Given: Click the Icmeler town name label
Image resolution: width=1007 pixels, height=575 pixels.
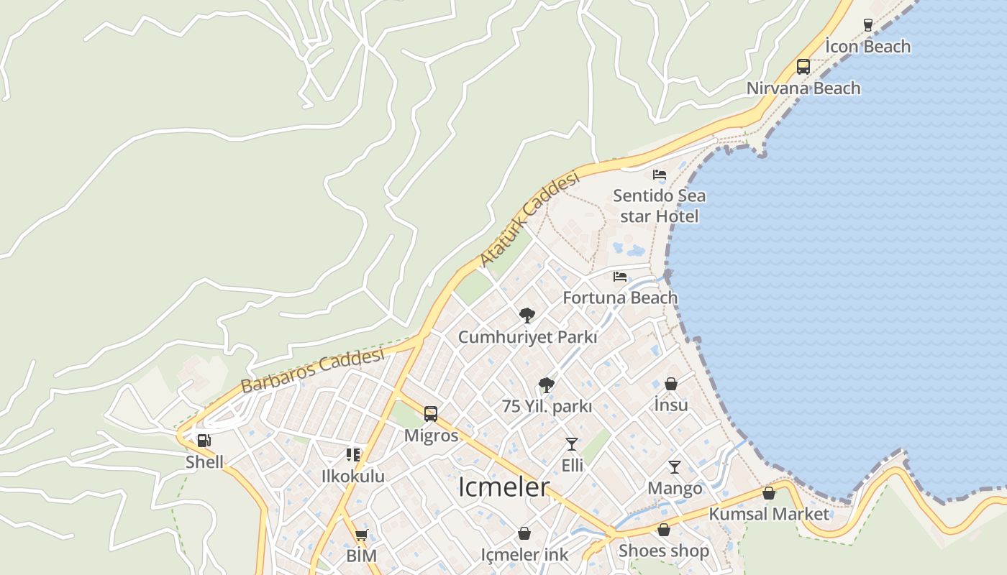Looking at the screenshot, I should [503, 487].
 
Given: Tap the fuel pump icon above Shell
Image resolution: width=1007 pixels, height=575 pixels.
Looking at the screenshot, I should [204, 441].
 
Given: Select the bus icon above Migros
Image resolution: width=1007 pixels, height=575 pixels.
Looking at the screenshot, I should [431, 414].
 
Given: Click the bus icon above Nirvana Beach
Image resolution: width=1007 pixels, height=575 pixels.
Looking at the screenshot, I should [803, 67].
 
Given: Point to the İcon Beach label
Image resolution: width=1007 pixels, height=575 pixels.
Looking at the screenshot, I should [867, 47].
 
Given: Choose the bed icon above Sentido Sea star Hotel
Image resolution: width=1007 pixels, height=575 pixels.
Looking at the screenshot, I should [660, 175].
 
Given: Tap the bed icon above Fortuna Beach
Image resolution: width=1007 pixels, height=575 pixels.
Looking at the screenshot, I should [620, 277].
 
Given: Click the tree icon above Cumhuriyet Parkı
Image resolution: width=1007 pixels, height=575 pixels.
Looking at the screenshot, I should [527, 315].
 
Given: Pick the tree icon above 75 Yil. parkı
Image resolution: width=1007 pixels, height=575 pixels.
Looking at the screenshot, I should [547, 385].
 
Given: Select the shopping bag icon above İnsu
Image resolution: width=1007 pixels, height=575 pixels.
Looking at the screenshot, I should [671, 384].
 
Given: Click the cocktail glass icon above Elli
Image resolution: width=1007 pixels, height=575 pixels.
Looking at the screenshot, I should [572, 444].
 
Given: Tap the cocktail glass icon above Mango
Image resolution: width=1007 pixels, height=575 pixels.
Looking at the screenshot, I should [675, 467].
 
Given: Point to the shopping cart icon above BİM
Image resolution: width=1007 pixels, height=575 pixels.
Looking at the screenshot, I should [361, 535].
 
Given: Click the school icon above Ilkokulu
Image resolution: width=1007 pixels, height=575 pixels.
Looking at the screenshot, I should [353, 455].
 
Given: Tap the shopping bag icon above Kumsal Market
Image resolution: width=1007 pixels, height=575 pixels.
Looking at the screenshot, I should [769, 493].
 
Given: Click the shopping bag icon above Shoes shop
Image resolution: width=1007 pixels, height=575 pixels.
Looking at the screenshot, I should [664, 530].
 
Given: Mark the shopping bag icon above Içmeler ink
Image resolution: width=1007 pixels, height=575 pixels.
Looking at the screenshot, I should [524, 534].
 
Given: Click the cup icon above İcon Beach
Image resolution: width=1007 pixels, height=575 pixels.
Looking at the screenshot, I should [868, 25].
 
